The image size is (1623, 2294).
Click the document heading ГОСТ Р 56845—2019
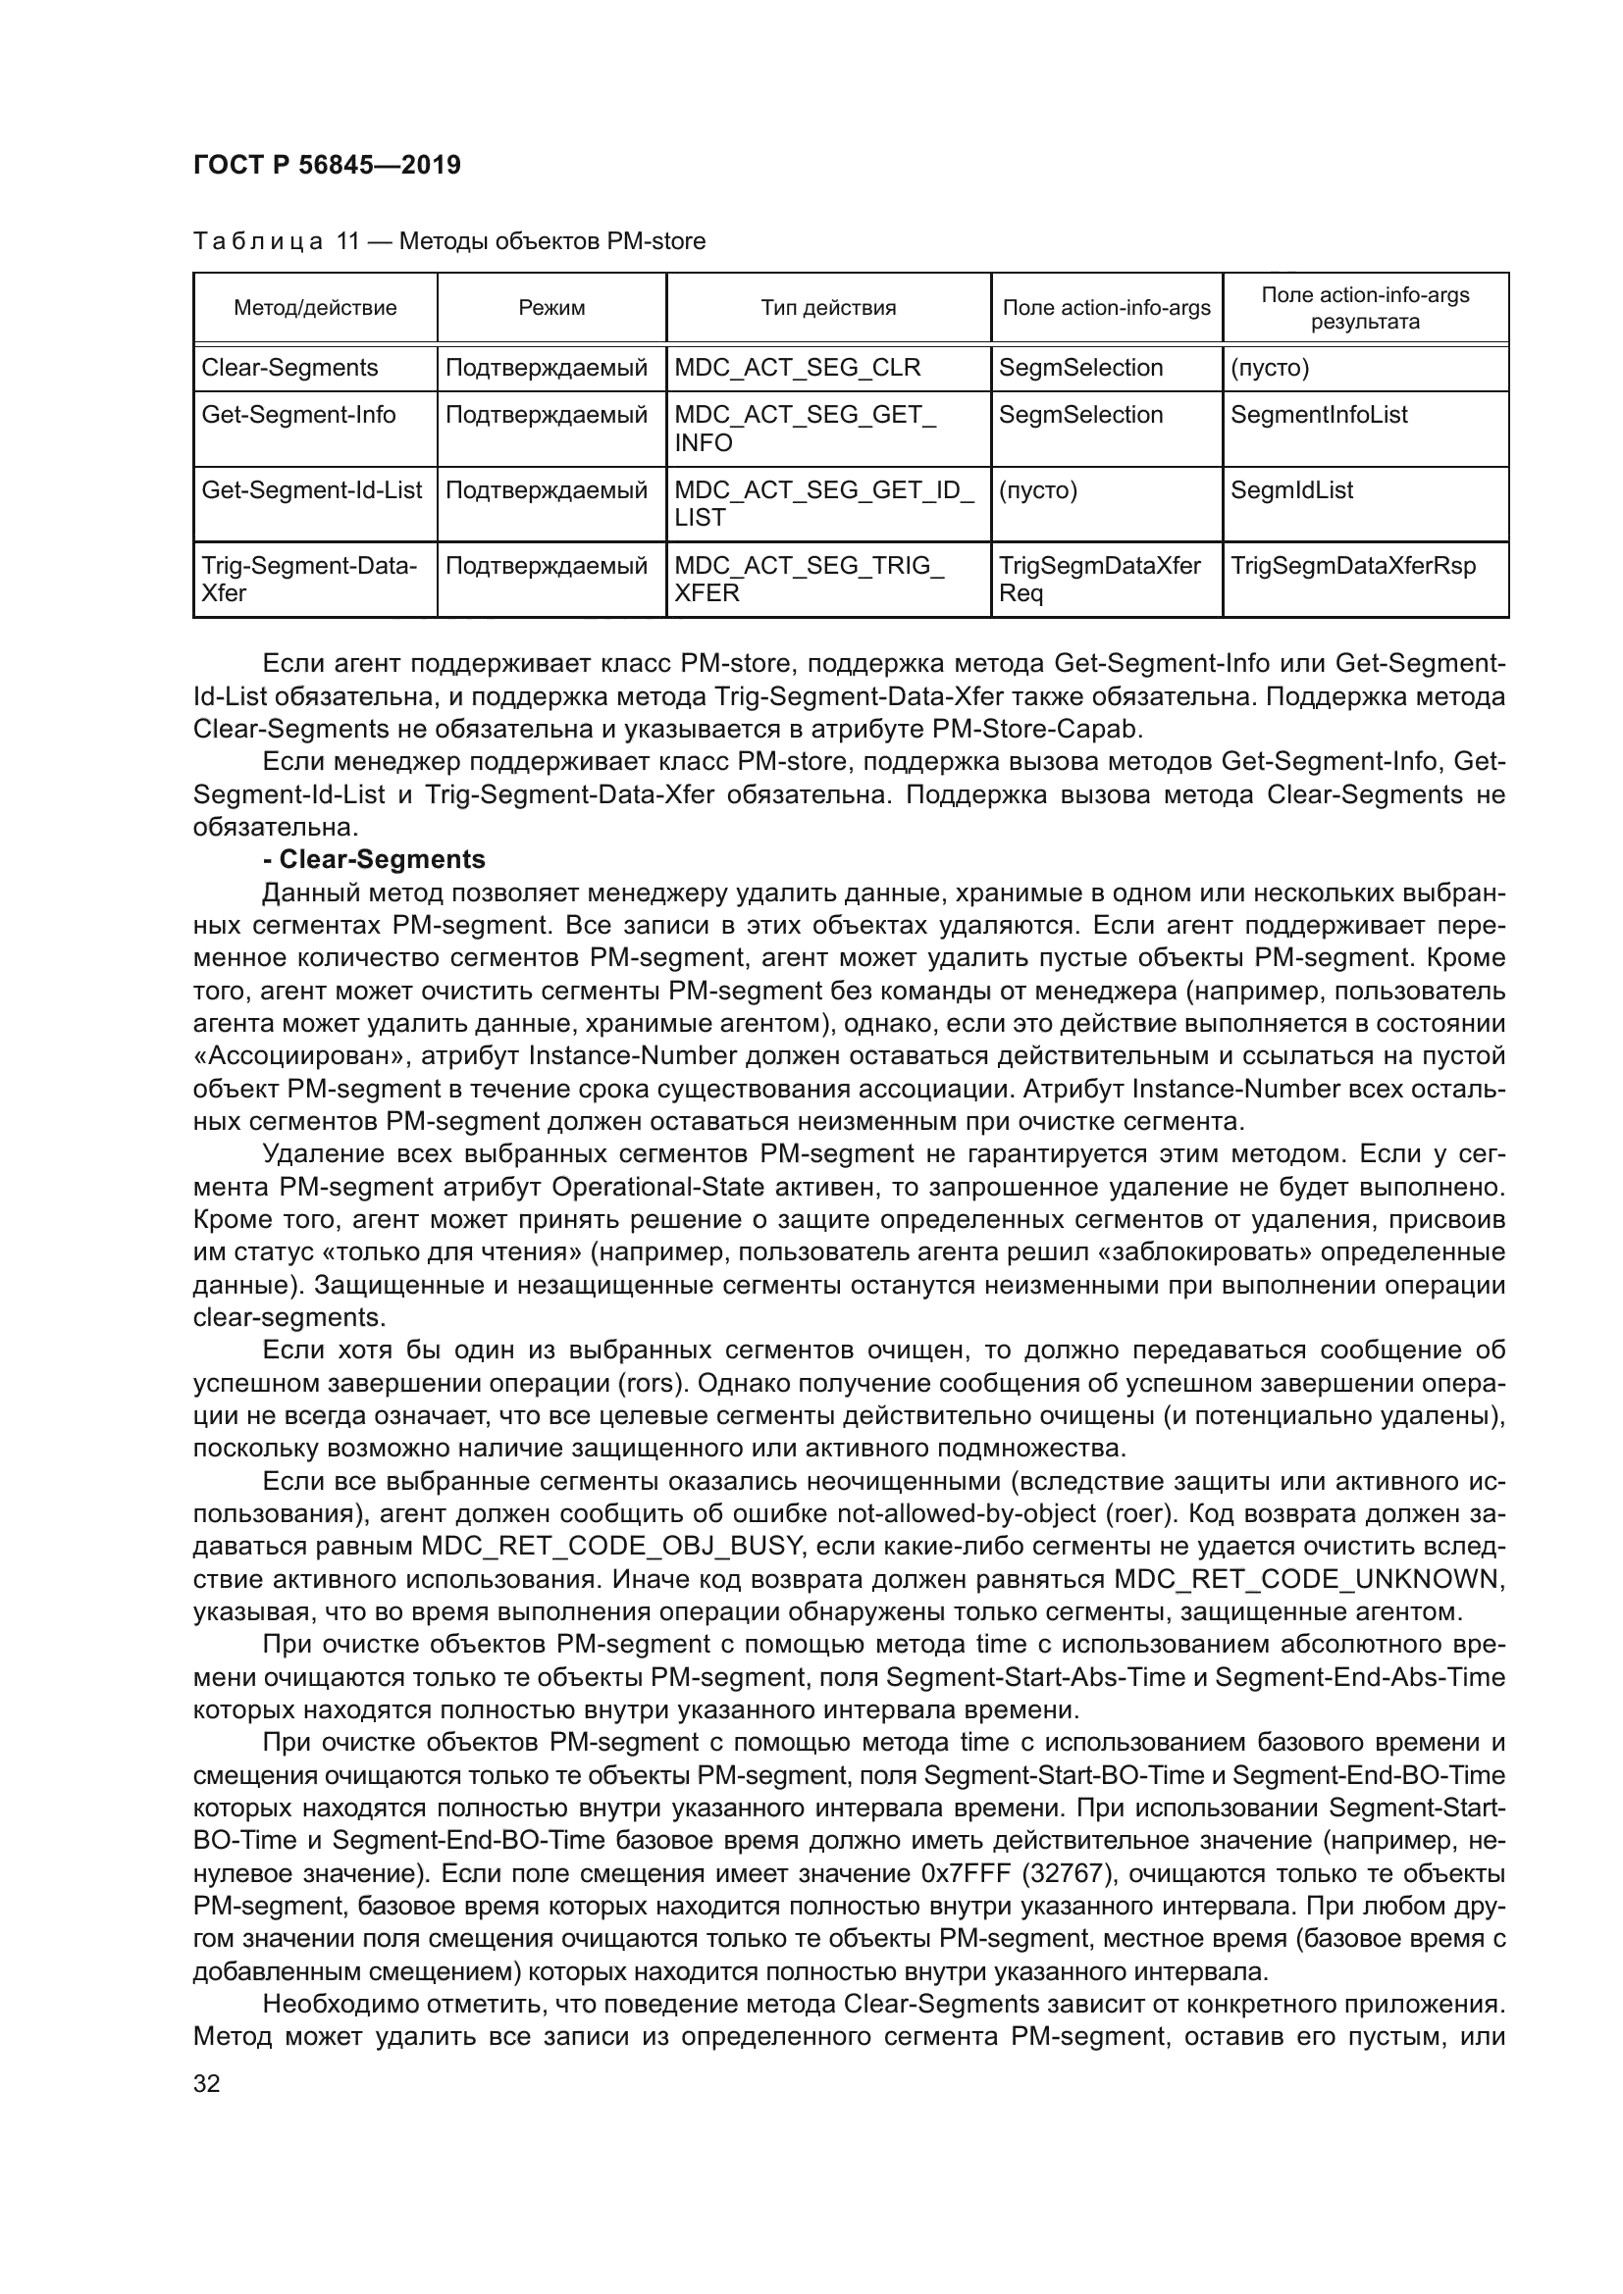(327, 165)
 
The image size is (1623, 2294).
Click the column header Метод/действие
(315, 308)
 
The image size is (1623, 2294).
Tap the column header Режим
(551, 308)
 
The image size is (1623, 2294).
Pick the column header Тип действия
(827, 308)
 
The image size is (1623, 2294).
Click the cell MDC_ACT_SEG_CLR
(797, 368)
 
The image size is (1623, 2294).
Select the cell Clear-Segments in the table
(289, 368)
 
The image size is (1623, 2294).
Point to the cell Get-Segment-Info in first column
(299, 415)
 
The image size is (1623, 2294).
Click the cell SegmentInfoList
(1318, 415)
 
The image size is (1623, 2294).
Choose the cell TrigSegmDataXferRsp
(1352, 566)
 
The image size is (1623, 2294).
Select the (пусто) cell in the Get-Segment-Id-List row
(1037, 490)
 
